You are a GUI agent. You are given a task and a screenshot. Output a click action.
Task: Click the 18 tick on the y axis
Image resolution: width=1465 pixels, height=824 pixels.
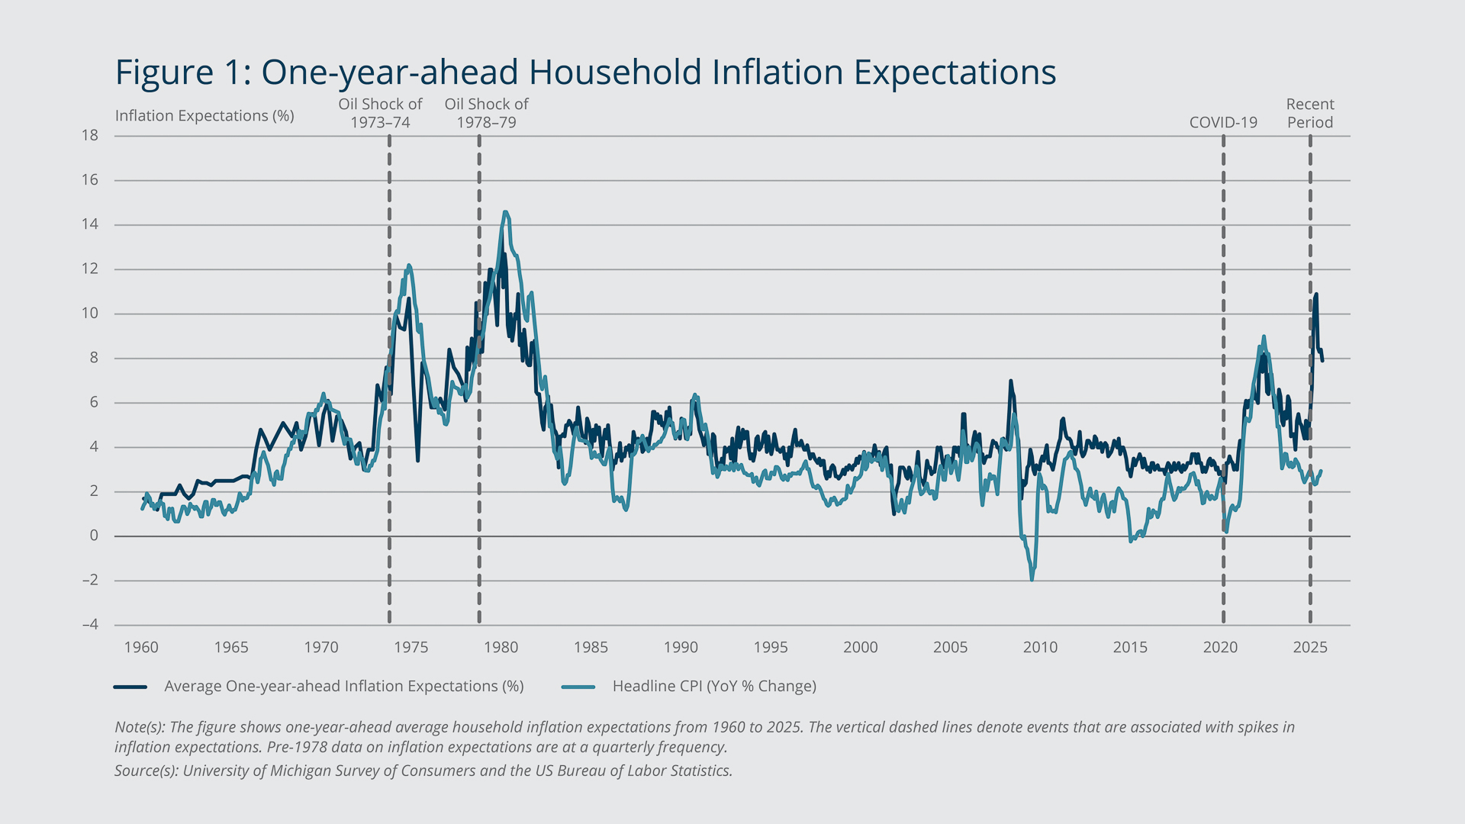pyautogui.click(x=90, y=136)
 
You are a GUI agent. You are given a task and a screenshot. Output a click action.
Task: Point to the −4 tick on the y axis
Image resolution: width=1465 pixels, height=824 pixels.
pyautogui.click(x=90, y=625)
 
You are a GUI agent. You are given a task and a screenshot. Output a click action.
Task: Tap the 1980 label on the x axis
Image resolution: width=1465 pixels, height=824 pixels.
pyautogui.click(x=501, y=648)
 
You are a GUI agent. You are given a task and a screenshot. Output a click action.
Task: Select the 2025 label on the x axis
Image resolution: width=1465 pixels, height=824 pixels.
pyautogui.click(x=1310, y=648)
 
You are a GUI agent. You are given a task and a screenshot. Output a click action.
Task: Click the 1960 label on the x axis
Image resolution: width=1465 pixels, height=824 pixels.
pyautogui.click(x=141, y=648)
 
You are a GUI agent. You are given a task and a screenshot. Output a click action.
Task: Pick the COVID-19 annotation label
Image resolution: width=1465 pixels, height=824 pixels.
pyautogui.click(x=1223, y=123)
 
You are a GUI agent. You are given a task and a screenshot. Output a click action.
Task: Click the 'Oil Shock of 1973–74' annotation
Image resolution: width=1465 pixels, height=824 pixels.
pyautogui.click(x=380, y=114)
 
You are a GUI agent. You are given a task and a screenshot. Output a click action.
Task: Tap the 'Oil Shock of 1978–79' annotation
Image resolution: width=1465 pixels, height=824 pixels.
pyautogui.click(x=486, y=114)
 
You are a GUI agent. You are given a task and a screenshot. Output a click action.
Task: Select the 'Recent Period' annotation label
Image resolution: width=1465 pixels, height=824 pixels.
pyautogui.click(x=1310, y=114)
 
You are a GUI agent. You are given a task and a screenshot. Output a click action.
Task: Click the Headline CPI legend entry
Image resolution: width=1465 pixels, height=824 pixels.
pyautogui.click(x=714, y=687)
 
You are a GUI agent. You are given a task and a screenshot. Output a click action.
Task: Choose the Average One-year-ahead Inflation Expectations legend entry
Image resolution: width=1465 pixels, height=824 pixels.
pyautogui.click(x=343, y=687)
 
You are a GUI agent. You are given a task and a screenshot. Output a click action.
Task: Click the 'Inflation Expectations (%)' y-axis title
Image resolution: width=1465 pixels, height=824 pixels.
pyautogui.click(x=204, y=116)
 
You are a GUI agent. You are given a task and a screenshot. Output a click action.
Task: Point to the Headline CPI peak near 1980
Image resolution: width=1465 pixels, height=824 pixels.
pyautogui.click(x=505, y=212)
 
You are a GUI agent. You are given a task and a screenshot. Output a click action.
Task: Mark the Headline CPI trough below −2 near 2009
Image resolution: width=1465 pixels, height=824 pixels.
pyautogui.click(x=1032, y=580)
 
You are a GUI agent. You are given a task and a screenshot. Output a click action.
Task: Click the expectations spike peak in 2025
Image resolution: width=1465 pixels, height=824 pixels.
pyautogui.click(x=1316, y=295)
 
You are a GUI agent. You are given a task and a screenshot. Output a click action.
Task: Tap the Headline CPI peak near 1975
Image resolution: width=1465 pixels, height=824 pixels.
pyautogui.click(x=409, y=266)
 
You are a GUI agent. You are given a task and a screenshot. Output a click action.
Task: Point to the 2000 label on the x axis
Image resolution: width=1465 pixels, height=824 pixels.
pyautogui.click(x=860, y=648)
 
